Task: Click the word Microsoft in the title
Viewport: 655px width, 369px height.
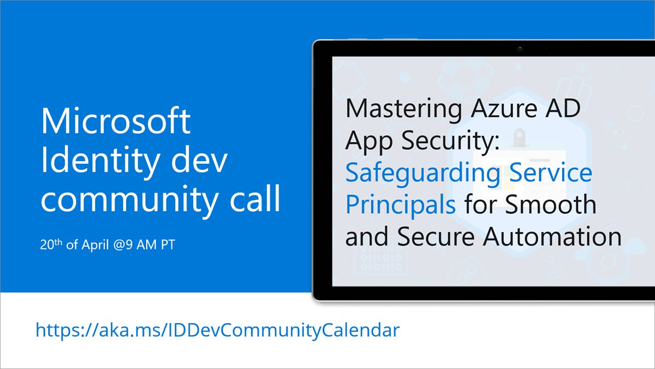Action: pyautogui.click(x=116, y=122)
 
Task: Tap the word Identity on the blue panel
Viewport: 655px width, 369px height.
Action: pyautogui.click(x=90, y=162)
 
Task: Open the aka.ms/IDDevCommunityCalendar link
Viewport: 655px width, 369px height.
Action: pyautogui.click(x=217, y=330)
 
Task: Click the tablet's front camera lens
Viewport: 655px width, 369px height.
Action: pyautogui.click(x=520, y=49)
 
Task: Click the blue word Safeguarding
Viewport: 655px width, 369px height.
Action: pyautogui.click(x=422, y=174)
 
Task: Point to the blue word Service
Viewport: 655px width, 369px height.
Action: pyautogui.click(x=550, y=173)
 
